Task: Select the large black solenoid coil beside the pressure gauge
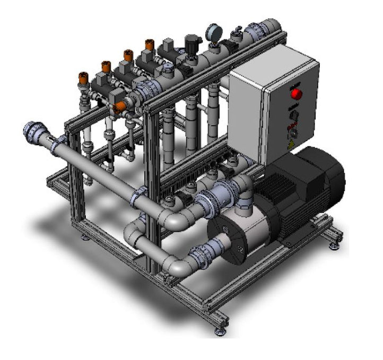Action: pos(191,42)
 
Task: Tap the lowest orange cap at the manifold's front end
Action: pos(119,108)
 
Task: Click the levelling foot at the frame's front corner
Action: pos(219,330)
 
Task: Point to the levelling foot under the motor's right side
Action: pos(333,245)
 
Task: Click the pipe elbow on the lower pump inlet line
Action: pos(177,265)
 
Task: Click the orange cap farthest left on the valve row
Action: pos(83,76)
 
